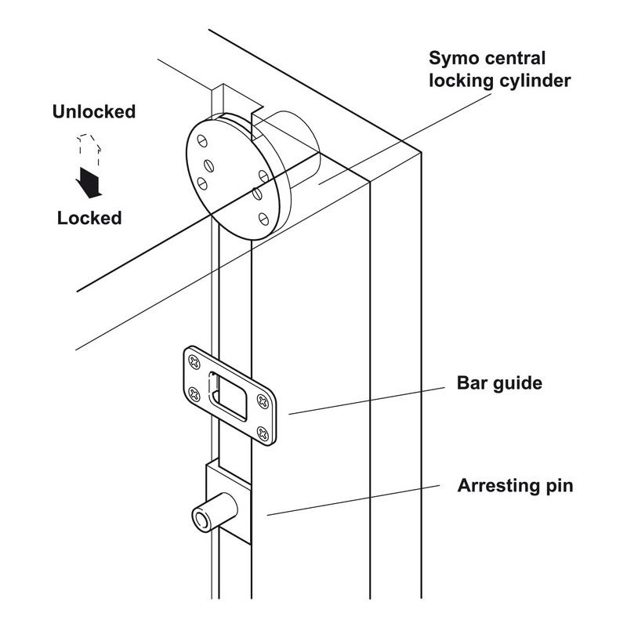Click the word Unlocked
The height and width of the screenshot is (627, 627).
93,111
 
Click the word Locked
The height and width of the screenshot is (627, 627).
89,218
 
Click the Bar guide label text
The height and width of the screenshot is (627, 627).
500,384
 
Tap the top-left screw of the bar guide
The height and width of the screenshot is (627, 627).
193,361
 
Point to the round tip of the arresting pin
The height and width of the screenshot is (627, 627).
201,518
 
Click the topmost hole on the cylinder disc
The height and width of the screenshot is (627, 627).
203,141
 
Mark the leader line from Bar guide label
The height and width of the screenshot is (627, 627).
368,399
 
